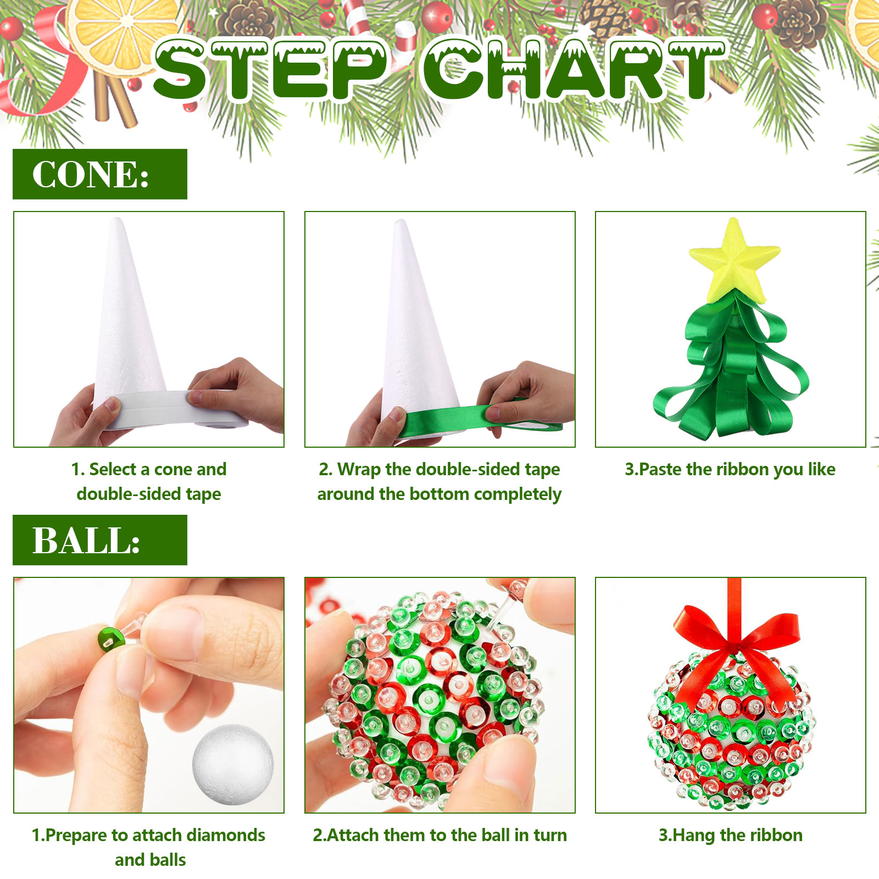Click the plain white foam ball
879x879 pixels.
(x=233, y=764)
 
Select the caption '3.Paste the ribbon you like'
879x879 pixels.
(x=730, y=470)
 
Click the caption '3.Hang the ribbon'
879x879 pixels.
(x=731, y=835)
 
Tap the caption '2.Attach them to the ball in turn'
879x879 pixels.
(x=440, y=835)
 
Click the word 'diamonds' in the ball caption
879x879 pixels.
(x=226, y=835)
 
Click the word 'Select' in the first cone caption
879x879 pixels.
(x=113, y=470)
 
